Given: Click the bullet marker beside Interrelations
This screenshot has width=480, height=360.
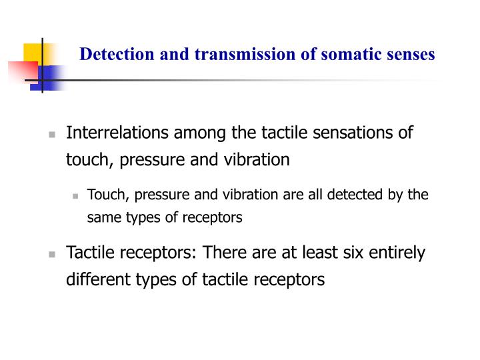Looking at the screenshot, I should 52,134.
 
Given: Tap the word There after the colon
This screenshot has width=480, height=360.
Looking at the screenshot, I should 226,253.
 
